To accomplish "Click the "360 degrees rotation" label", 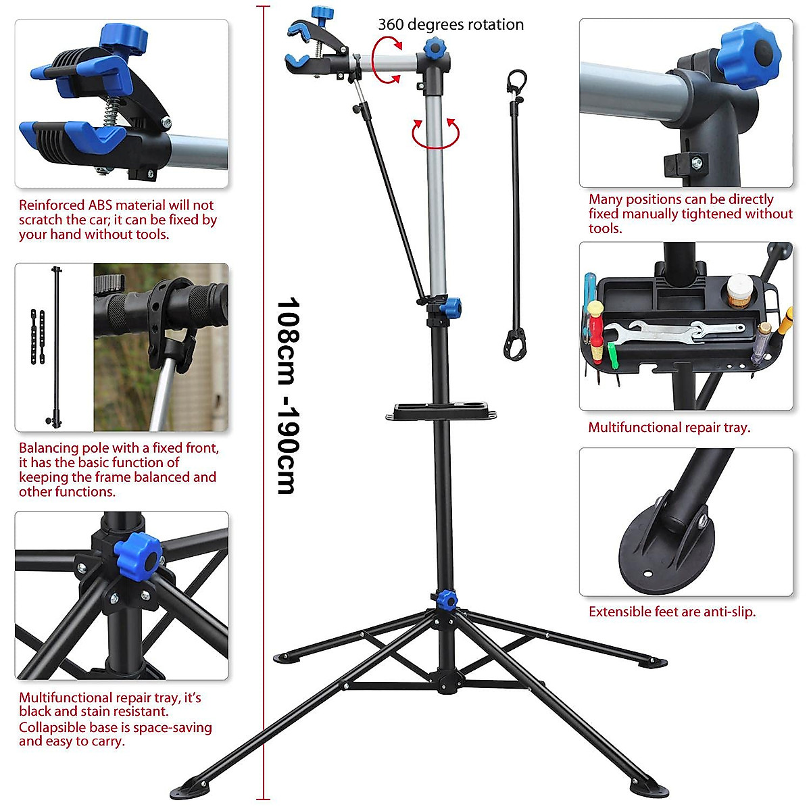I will coord(451,25).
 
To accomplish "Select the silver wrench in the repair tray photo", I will coord(676,331).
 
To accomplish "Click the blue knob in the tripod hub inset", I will coord(138,555).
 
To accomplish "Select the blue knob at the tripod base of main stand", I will coord(445,599).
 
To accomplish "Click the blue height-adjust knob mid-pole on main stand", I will coord(451,308).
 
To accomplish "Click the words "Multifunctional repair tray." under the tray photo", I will coord(669,427).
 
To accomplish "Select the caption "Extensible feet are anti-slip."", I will coord(672,612).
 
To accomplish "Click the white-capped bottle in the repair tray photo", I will coord(739,287).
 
